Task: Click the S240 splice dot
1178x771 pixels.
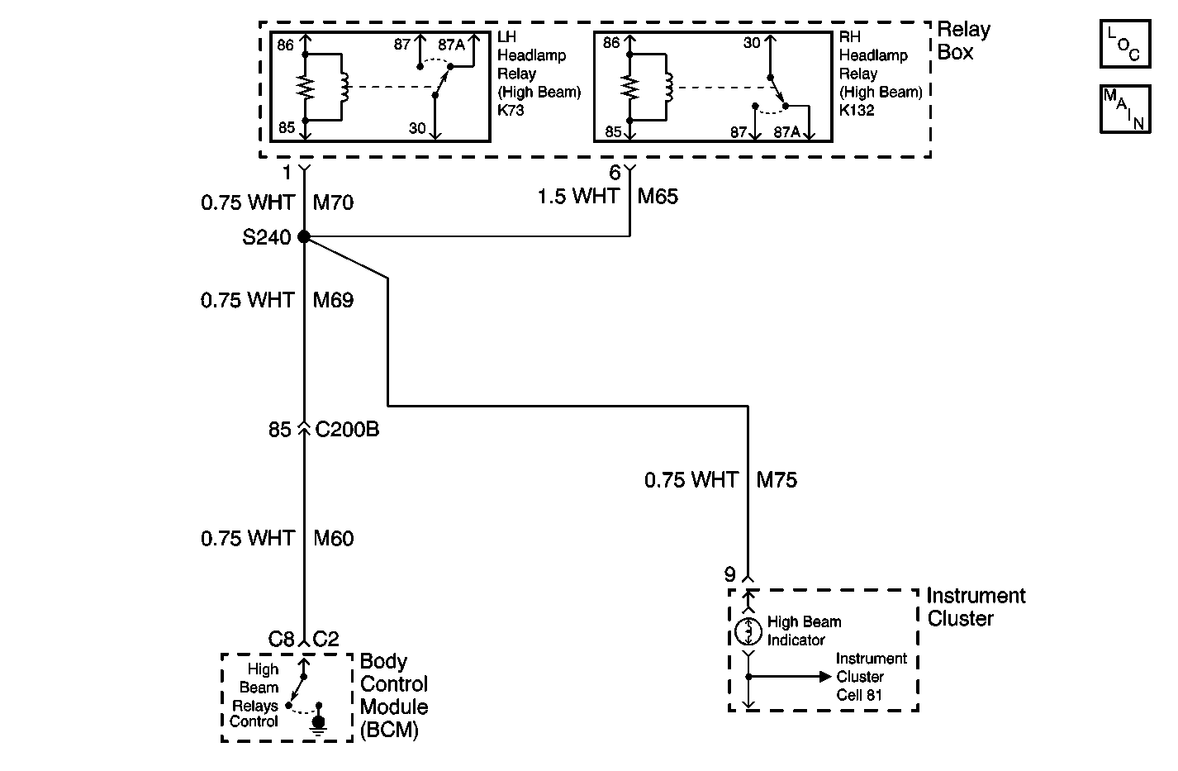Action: point(304,237)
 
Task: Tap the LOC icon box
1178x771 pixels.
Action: point(1124,45)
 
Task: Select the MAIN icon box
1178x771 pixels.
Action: point(1124,109)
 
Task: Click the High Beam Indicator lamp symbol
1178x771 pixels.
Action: point(748,631)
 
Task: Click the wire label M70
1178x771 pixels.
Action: point(333,202)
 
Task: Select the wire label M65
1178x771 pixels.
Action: point(658,197)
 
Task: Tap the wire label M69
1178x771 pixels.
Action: point(333,300)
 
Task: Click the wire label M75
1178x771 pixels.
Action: point(777,480)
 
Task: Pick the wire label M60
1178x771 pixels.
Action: point(333,539)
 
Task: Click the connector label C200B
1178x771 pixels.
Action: point(347,430)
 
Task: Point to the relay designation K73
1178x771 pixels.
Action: point(512,110)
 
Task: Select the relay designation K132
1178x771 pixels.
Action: point(857,110)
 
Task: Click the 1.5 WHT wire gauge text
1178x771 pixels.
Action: point(578,197)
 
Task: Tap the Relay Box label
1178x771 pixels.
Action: point(962,41)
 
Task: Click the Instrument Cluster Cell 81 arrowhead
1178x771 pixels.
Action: point(824,676)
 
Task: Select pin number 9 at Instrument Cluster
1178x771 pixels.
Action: point(729,574)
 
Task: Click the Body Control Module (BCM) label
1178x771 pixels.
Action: point(394,696)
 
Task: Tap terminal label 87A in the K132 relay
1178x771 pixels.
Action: point(786,132)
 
